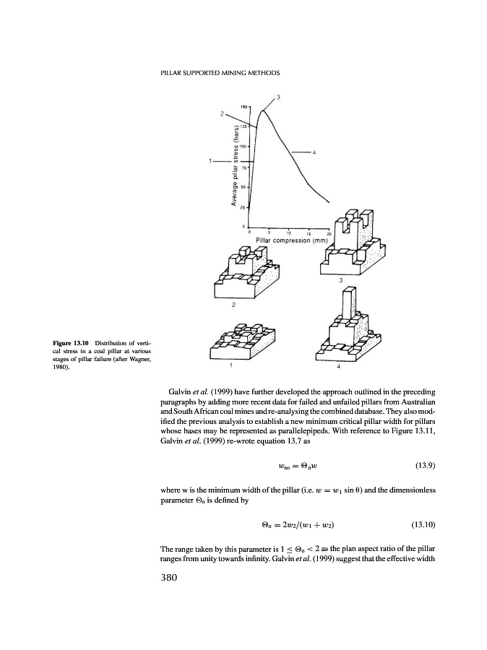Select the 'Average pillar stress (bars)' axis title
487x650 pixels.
point(236,166)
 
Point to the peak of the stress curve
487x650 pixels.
point(264,110)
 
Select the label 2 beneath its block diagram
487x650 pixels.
point(233,305)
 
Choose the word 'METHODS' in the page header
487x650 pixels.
point(262,73)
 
